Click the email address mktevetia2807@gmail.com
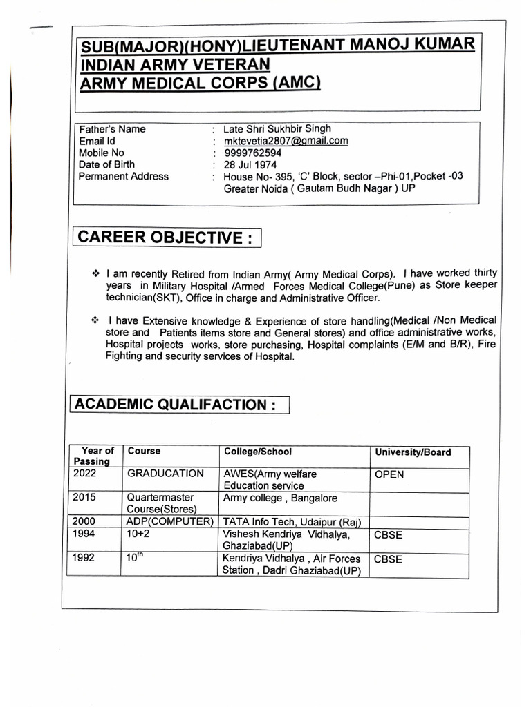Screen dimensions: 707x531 coord(286,141)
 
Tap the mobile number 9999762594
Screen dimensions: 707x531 coord(252,153)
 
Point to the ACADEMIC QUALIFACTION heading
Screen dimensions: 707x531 coord(179,405)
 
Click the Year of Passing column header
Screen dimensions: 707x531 coord(95,456)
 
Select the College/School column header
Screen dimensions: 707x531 coord(257,452)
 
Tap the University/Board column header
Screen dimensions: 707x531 coord(413,452)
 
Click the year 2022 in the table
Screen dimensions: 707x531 coord(85,474)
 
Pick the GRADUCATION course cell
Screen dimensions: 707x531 coord(165,474)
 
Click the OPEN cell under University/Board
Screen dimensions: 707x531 coord(389,475)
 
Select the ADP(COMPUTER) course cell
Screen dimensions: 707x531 coord(170,521)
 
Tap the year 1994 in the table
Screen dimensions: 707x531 coord(85,534)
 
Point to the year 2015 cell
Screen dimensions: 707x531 coord(85,498)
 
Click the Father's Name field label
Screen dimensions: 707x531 coord(112,129)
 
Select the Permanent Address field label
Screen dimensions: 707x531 coord(124,176)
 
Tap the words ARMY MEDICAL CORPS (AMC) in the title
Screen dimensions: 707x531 coord(201,84)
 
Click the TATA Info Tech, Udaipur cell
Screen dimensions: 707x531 coord(292,521)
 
